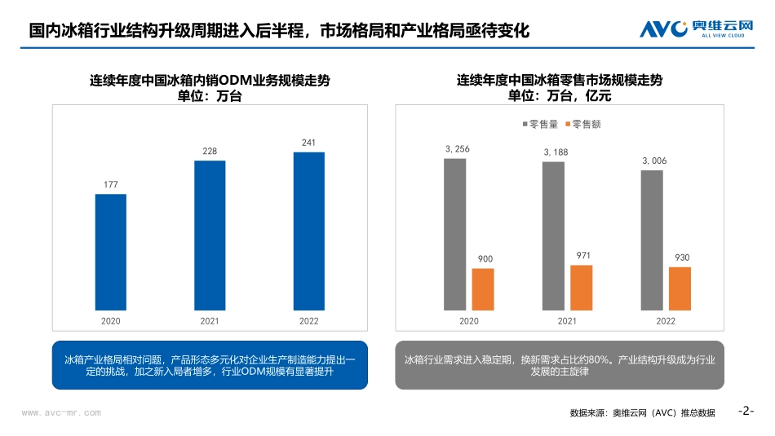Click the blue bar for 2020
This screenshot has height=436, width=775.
pyautogui.click(x=111, y=252)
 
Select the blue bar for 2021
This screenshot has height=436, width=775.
pyautogui.click(x=210, y=236)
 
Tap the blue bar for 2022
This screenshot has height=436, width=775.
pyautogui.click(x=308, y=231)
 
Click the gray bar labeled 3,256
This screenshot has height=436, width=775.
pyautogui.click(x=454, y=234)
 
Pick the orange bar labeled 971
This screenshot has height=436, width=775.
pyautogui.click(x=581, y=288)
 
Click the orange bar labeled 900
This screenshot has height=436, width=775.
pyautogui.click(x=483, y=289)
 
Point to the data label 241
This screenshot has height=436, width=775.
pyautogui.click(x=308, y=143)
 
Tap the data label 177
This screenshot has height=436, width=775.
pyautogui.click(x=111, y=184)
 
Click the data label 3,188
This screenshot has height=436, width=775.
pyautogui.click(x=556, y=152)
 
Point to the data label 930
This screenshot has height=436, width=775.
pyautogui.click(x=682, y=258)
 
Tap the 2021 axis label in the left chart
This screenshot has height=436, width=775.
pyautogui.click(x=210, y=321)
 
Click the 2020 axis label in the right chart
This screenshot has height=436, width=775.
pyautogui.click(x=468, y=321)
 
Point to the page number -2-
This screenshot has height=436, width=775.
pyautogui.click(x=746, y=411)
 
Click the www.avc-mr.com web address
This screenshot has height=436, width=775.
pyautogui.click(x=61, y=412)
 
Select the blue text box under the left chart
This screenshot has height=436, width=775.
pyautogui.click(x=210, y=365)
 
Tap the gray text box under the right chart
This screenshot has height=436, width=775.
pyautogui.click(x=559, y=365)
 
